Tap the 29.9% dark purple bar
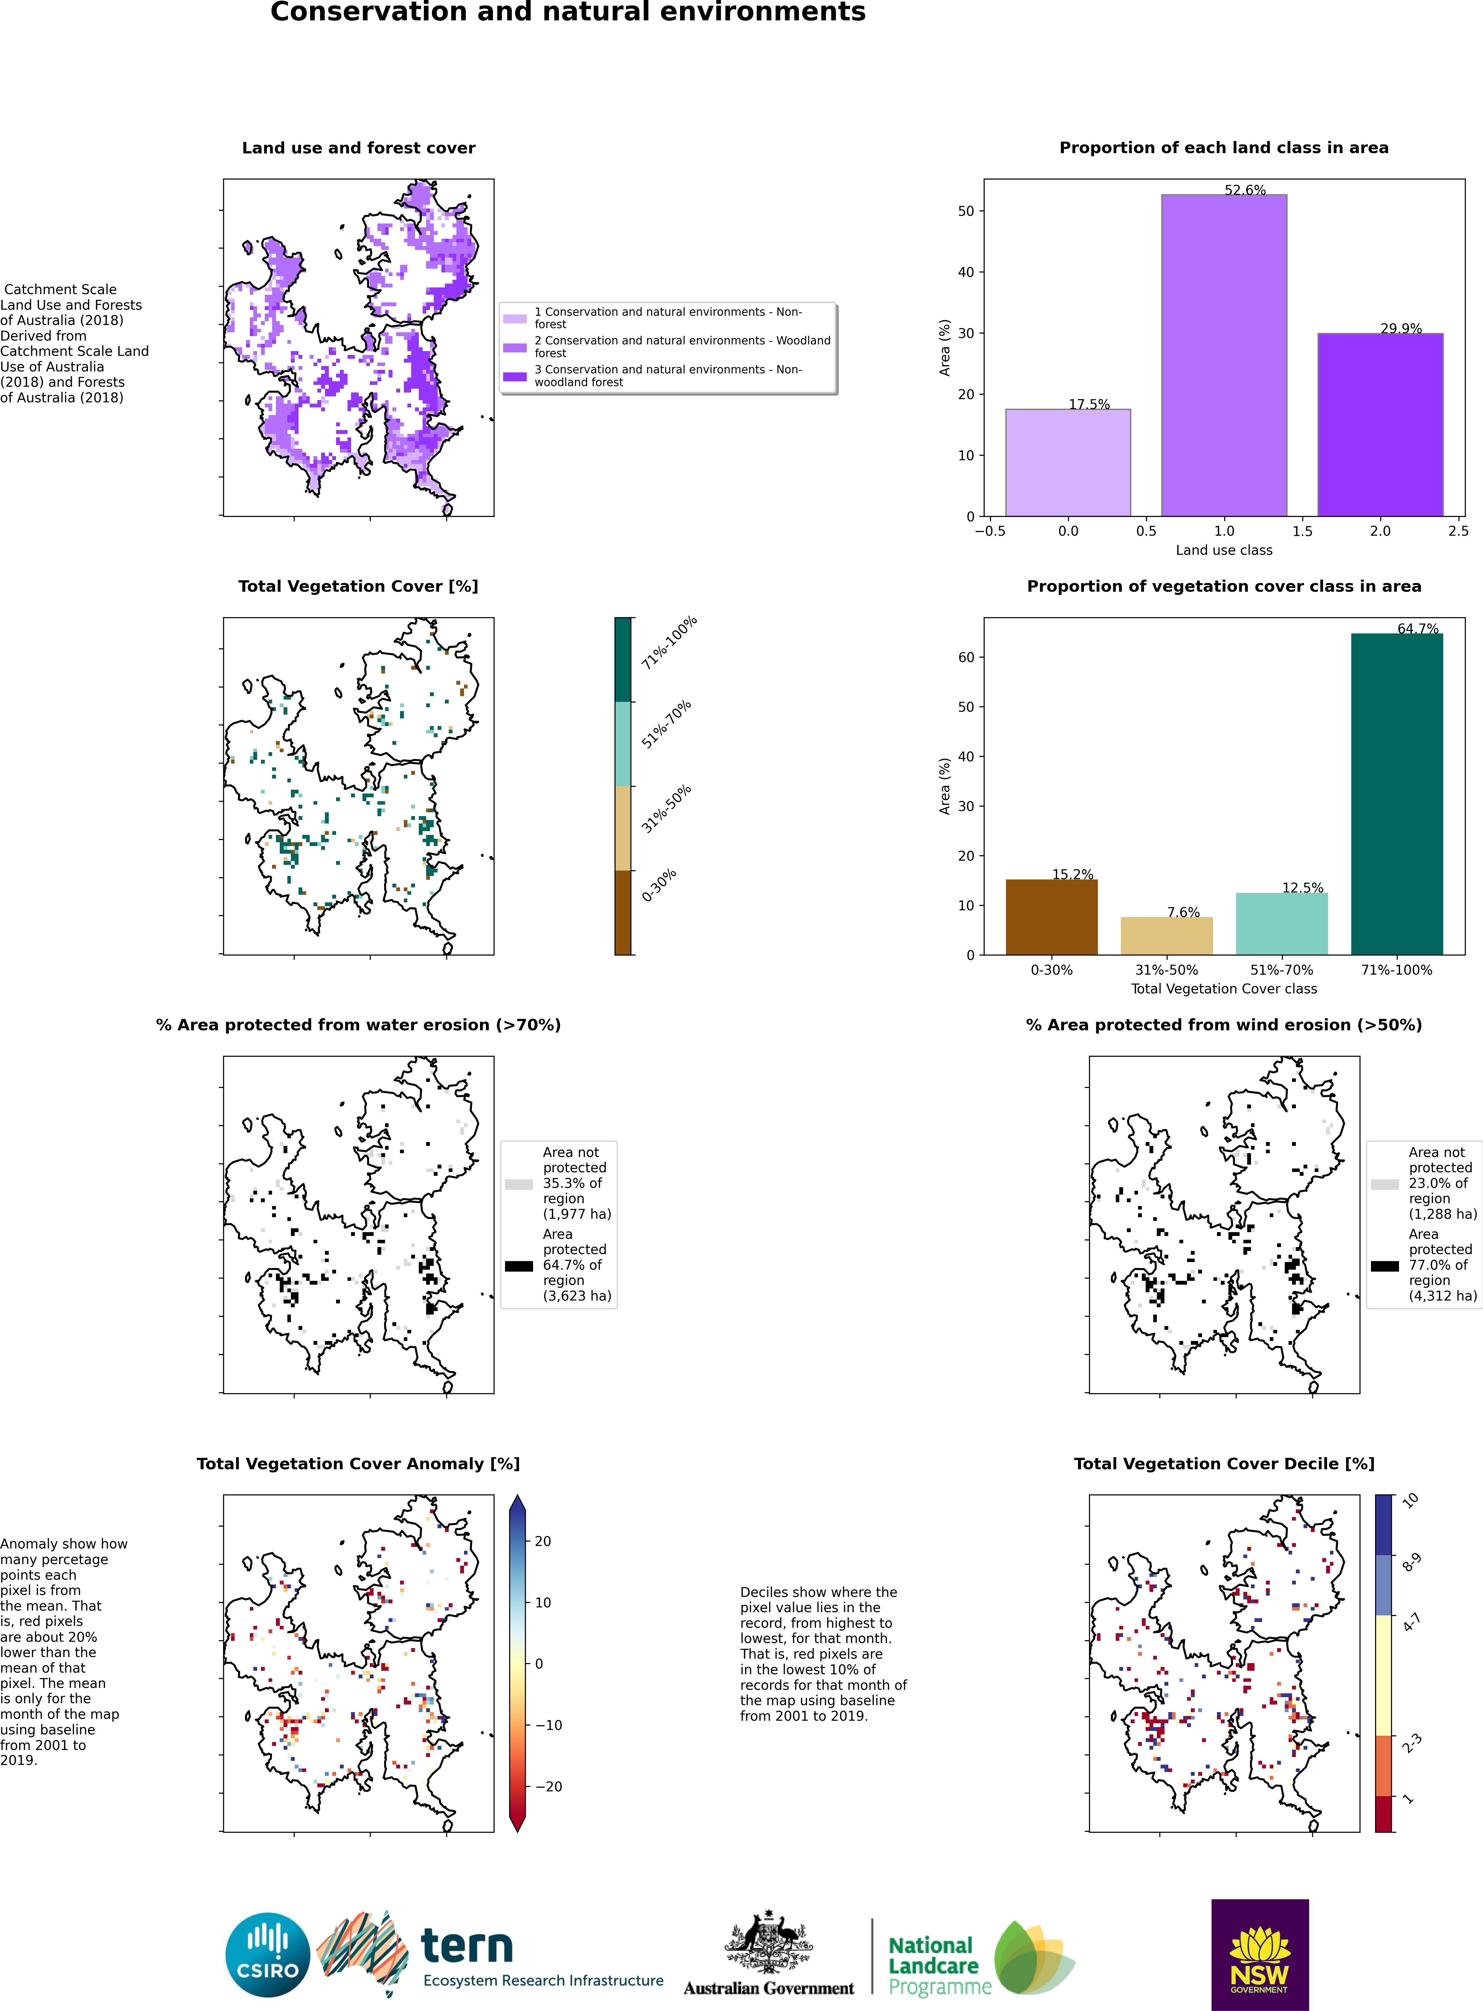click(1381, 425)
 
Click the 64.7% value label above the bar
click(1418, 628)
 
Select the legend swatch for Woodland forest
click(514, 348)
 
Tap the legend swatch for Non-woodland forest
click(514, 376)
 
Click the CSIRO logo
click(268, 1954)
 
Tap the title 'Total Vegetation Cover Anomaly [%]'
click(358, 1463)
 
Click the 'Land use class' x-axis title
click(1224, 550)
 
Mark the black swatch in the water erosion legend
click(519, 1266)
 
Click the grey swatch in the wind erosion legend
click(1384, 1184)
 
